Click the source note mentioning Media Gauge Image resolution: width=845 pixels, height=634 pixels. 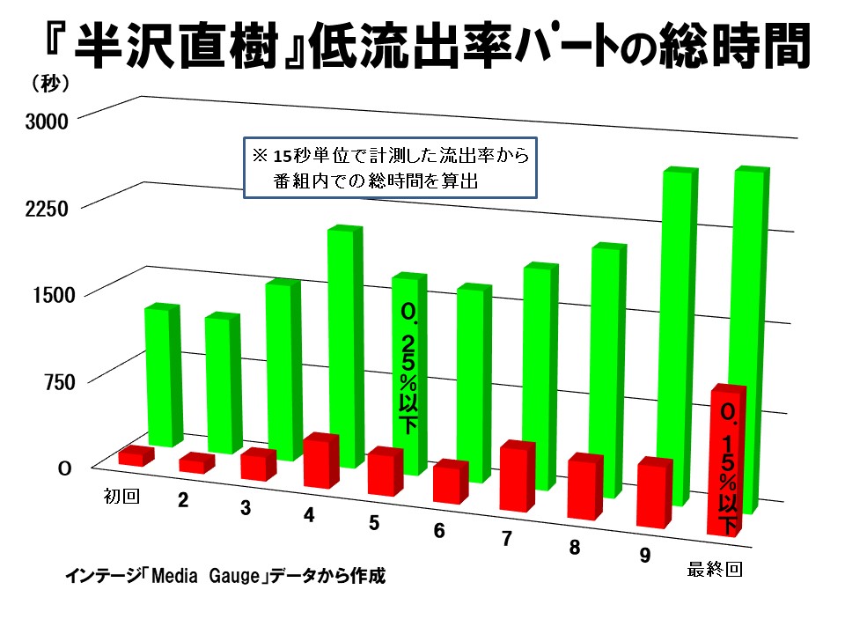coord(225,579)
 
